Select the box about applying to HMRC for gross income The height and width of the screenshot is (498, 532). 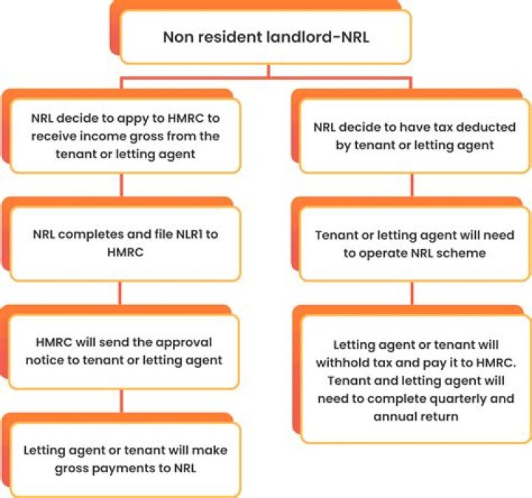125,137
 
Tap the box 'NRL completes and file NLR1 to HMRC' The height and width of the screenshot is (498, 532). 125,244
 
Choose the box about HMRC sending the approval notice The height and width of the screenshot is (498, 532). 125,351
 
